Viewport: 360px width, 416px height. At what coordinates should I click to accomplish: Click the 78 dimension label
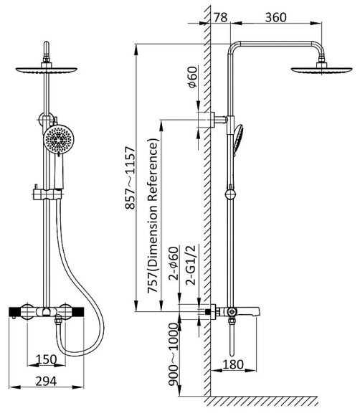point(220,17)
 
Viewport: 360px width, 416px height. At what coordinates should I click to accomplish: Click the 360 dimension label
point(275,17)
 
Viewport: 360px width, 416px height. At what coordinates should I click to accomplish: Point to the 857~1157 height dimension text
point(131,178)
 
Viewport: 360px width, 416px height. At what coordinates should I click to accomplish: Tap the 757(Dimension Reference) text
point(153,215)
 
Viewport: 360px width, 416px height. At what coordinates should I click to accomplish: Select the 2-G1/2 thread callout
point(191,265)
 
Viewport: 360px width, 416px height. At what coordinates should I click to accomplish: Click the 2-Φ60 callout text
point(174,263)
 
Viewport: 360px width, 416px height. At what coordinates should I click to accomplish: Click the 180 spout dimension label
point(233,364)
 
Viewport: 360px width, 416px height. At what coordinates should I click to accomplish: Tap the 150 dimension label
point(46,359)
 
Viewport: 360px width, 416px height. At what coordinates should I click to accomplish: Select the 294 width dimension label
point(46,382)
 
